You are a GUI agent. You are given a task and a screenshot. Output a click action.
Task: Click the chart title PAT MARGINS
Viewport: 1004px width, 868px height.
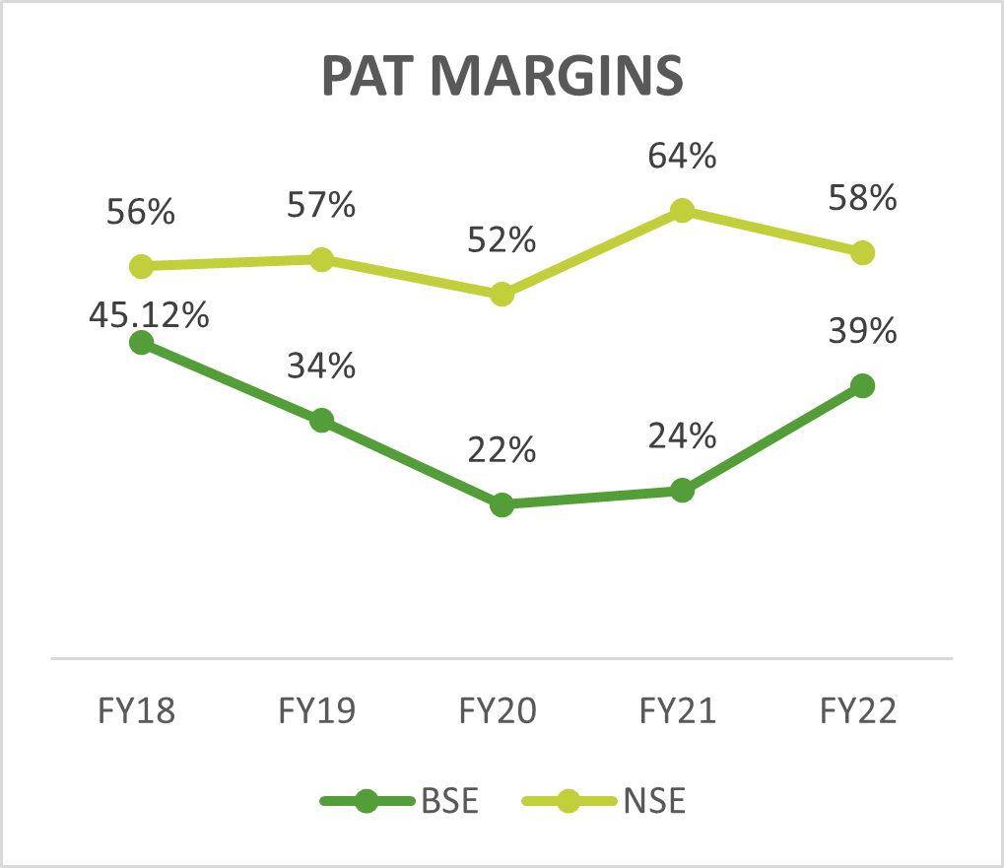tap(502, 76)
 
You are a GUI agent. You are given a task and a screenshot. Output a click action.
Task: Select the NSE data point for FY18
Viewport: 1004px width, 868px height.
tap(141, 266)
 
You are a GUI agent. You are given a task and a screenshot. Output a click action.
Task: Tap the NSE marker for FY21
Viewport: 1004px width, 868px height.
tap(682, 210)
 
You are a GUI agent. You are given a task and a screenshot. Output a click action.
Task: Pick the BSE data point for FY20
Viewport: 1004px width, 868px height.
tap(502, 505)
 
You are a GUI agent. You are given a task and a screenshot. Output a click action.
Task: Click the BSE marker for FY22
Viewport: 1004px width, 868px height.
tap(862, 385)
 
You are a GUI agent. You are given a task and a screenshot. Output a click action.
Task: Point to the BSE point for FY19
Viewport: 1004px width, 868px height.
tap(321, 421)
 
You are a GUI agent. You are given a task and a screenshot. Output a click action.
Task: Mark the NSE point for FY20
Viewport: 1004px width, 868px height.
tap(502, 294)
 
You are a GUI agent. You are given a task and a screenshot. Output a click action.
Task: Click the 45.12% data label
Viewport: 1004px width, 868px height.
tap(149, 315)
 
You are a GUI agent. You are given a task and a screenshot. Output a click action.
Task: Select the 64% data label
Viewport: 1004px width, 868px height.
tap(682, 157)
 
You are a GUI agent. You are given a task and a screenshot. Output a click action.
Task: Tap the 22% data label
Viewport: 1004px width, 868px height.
tap(502, 451)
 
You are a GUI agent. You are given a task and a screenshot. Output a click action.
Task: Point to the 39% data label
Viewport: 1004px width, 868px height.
tap(862, 331)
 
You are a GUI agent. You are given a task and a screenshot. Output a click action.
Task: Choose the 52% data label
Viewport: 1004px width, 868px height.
tap(502, 239)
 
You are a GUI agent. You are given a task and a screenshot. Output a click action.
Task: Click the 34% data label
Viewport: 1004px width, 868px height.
tap(321, 367)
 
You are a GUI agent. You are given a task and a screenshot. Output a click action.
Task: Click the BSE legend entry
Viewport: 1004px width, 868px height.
tap(401, 801)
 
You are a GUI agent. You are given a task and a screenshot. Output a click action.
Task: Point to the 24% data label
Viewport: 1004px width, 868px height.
tap(682, 435)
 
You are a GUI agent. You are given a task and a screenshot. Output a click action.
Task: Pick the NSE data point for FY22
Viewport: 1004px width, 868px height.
tap(862, 252)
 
